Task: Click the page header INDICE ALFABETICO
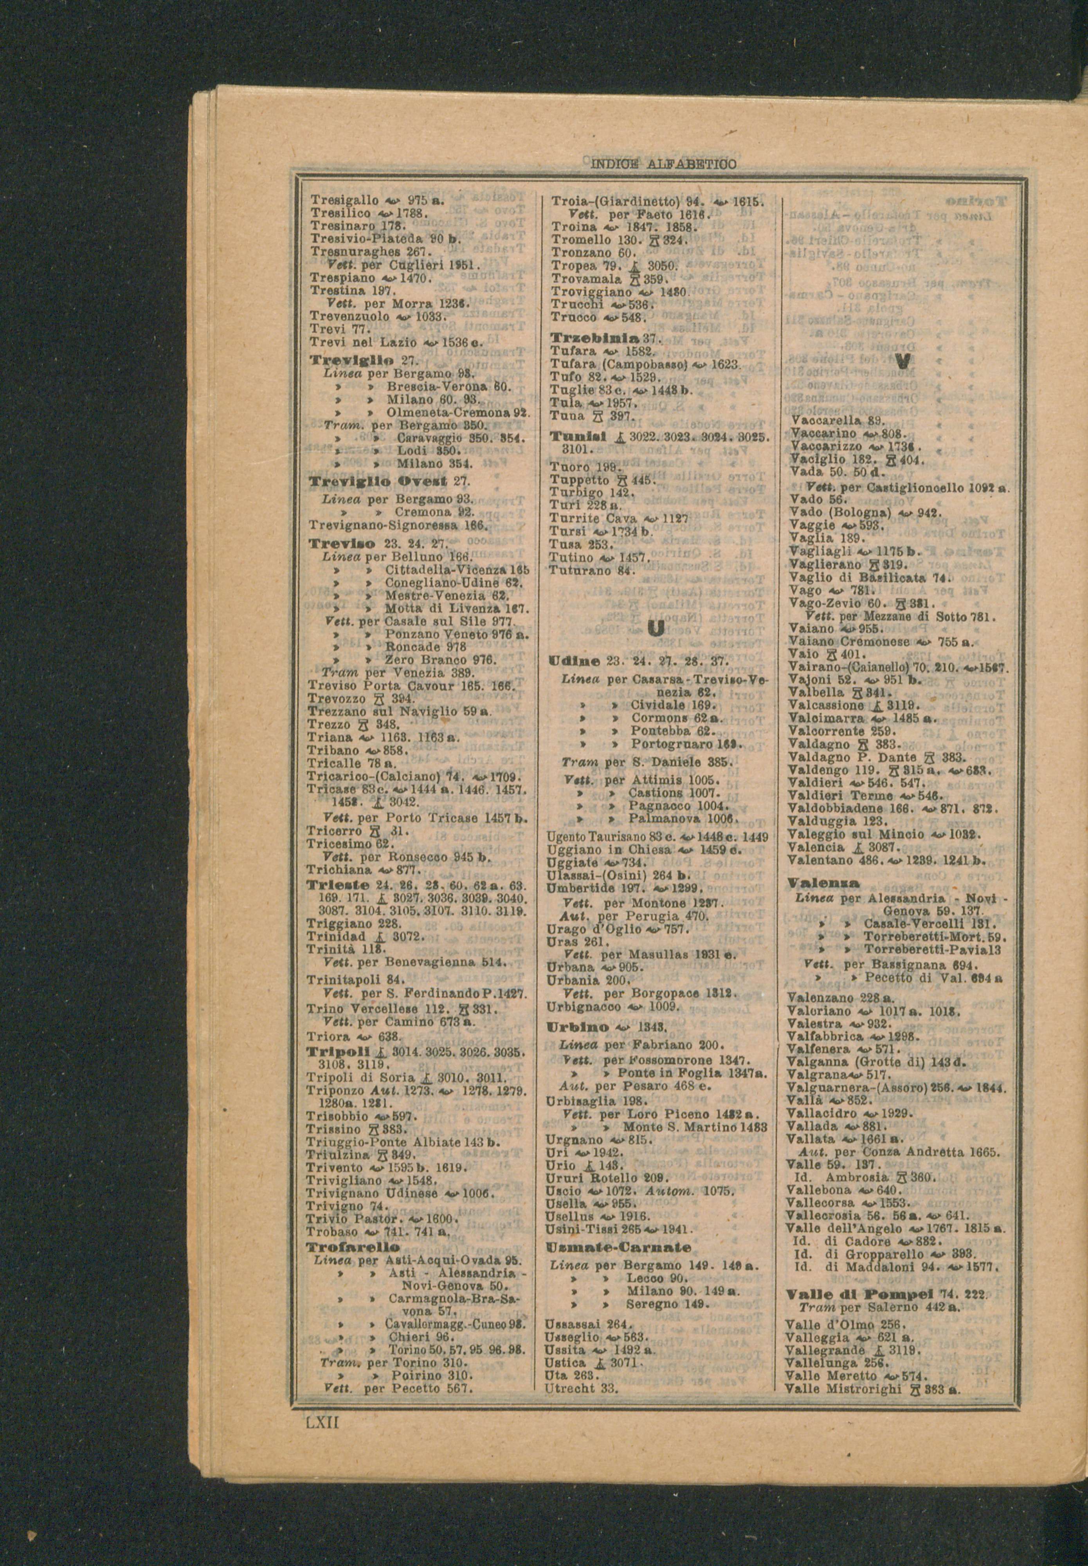tap(662, 164)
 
